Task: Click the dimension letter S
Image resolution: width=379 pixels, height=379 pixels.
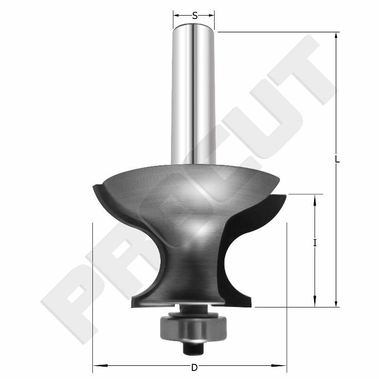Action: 194,15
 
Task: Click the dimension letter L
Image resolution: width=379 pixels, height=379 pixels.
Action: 337,160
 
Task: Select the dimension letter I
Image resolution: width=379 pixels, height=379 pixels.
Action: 315,243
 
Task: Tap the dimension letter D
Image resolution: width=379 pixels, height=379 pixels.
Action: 194,367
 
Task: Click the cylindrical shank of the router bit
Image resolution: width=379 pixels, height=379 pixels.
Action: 194,95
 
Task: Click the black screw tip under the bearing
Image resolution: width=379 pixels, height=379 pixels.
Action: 193,348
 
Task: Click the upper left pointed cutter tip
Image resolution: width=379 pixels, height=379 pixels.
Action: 93,186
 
